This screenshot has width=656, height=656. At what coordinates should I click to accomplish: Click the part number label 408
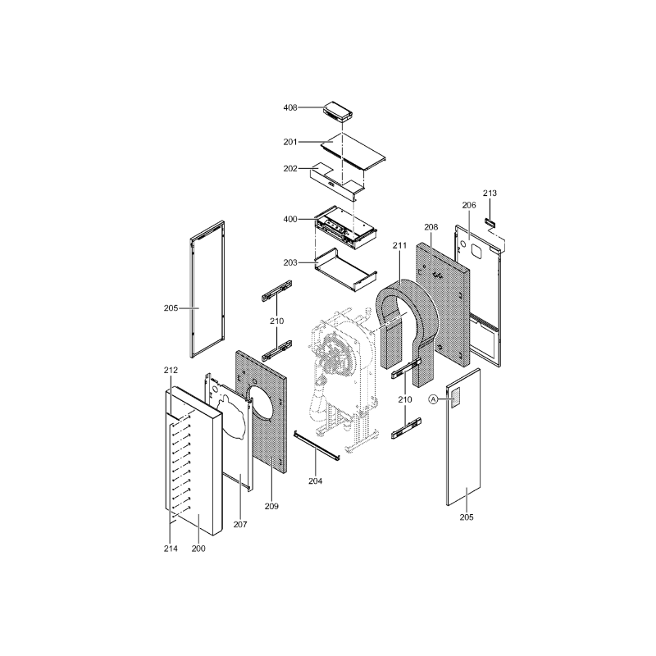coord(290,107)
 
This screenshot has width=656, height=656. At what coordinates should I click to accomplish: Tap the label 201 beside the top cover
coord(290,142)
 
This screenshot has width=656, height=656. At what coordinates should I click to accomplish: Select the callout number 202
coord(290,168)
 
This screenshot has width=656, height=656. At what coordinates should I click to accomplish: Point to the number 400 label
coord(290,219)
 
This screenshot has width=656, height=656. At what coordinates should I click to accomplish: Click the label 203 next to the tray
coord(290,262)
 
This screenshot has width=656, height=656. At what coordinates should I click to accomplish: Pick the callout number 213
coord(490,193)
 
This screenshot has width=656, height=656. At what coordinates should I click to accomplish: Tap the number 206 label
coord(469,205)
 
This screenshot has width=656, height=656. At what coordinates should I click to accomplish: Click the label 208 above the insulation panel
coord(431,227)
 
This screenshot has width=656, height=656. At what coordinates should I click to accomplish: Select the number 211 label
coord(399,245)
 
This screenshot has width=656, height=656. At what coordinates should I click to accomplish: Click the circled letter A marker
coord(434,399)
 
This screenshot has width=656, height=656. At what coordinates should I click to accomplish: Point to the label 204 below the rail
coord(316,481)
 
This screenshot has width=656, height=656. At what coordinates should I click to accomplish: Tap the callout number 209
coord(271,506)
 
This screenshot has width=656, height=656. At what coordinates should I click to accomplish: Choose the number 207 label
coord(240,524)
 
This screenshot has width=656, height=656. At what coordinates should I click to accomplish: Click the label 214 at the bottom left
coord(171,549)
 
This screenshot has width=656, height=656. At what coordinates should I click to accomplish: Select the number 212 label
coord(171,370)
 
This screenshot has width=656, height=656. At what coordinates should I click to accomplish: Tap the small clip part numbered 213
coord(490,221)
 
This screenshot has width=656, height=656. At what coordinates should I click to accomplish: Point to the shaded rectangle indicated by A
coord(455,398)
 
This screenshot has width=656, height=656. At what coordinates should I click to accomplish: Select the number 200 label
coord(198,549)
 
